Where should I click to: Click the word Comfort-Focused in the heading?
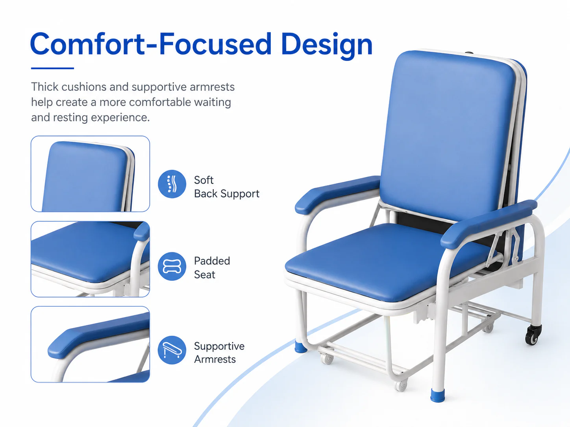click(x=151, y=44)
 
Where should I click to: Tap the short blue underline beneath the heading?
click(x=52, y=68)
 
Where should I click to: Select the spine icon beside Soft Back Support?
click(x=172, y=184)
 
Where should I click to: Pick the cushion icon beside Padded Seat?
click(x=172, y=266)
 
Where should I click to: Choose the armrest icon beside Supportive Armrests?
click(x=172, y=350)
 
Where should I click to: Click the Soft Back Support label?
click(x=226, y=187)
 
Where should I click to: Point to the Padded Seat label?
click(x=212, y=267)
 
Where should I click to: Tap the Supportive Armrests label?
click(x=219, y=353)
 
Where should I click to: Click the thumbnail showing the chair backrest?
click(x=91, y=174)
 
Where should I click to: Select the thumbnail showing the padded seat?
click(x=91, y=259)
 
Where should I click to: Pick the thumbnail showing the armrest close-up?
click(x=91, y=344)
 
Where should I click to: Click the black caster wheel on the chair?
click(x=533, y=335)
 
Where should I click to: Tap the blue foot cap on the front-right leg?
click(x=437, y=395)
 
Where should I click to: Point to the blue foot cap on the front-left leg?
click(x=301, y=347)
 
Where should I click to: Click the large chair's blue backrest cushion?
click(x=447, y=135)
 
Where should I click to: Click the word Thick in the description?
click(x=44, y=87)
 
